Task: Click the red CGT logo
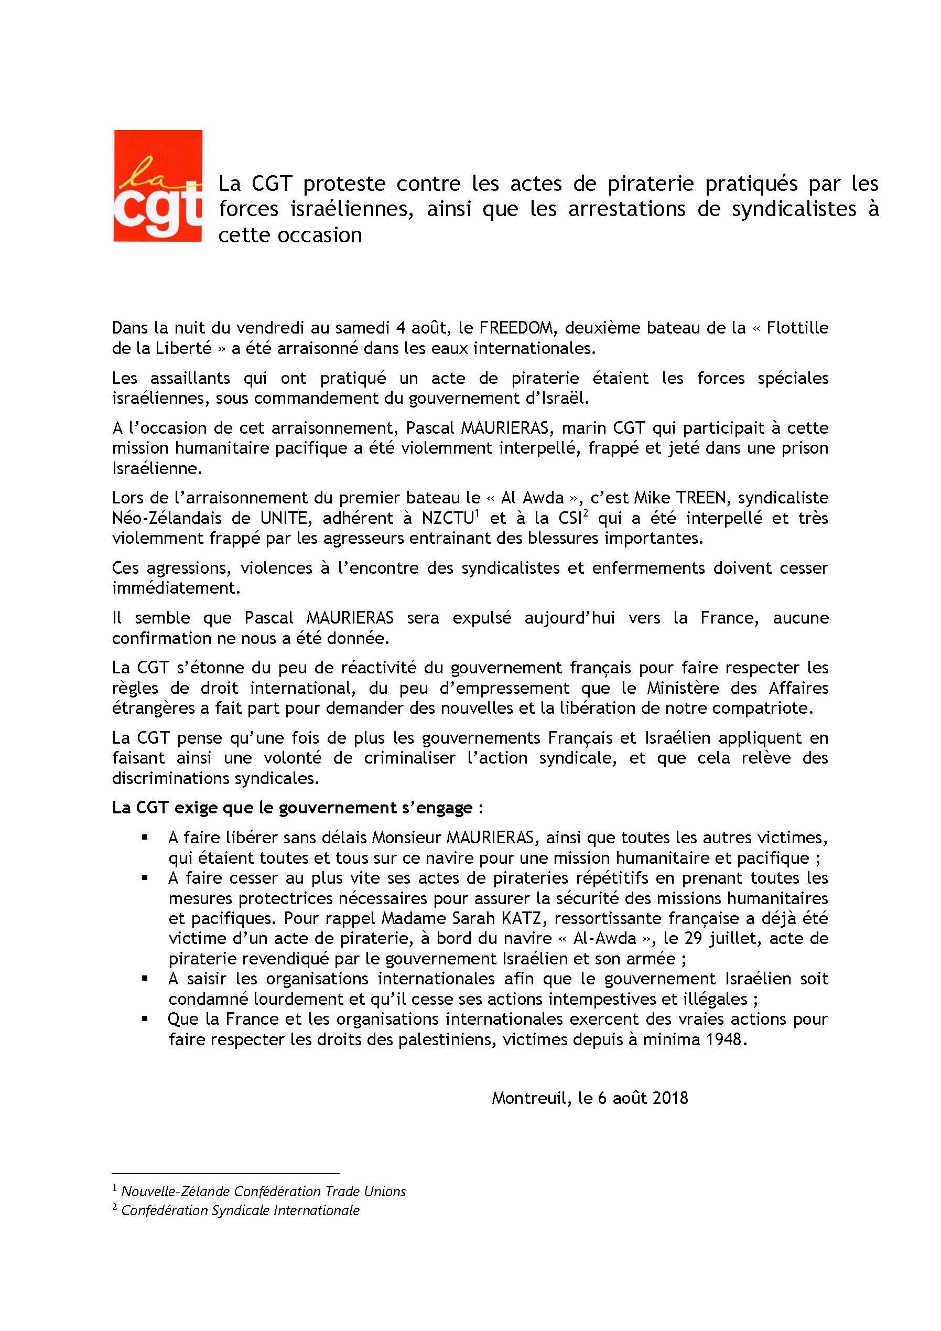click(158, 186)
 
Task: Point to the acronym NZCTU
click(447, 518)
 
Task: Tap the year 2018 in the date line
click(670, 1099)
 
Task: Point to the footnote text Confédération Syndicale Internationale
click(241, 1210)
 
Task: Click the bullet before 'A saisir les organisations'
click(145, 979)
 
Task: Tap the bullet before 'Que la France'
click(145, 1019)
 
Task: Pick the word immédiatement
click(176, 588)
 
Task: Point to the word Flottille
click(797, 328)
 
